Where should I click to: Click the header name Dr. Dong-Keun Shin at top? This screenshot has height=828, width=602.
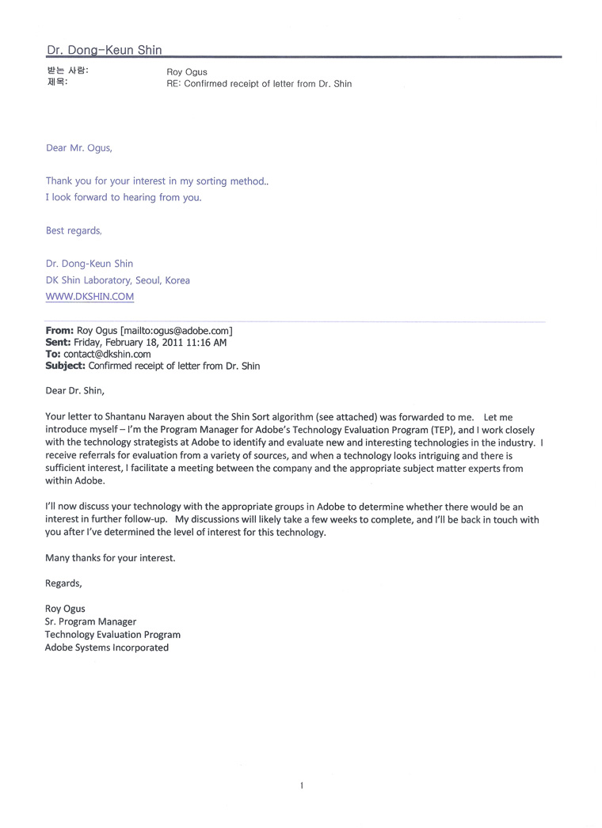(104, 50)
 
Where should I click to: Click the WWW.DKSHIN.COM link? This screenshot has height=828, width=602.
(90, 297)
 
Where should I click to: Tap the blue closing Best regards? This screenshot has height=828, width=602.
(74, 231)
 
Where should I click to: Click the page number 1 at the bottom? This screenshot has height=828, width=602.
(302, 785)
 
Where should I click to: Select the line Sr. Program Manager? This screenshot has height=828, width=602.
(90, 622)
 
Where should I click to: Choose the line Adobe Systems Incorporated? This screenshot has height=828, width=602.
(107, 648)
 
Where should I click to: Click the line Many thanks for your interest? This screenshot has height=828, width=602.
(110, 558)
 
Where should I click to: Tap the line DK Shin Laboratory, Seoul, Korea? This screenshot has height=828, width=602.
(117, 280)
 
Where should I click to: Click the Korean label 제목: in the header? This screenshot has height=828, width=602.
(57, 83)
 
